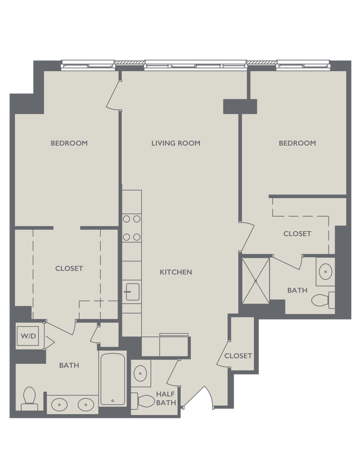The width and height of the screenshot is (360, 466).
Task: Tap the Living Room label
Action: point(176,143)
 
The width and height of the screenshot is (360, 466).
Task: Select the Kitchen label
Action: point(176,272)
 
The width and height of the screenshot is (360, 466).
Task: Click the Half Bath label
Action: point(166,398)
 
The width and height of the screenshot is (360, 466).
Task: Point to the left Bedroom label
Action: point(69,143)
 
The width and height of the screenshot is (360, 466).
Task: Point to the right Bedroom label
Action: point(297,143)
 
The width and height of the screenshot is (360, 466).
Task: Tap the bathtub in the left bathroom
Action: point(113,379)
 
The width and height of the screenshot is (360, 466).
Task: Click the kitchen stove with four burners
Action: point(131,227)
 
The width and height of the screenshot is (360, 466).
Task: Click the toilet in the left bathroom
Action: point(29,398)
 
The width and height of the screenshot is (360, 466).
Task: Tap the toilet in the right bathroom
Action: point(322,300)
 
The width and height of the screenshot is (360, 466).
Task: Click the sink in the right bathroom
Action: point(326,271)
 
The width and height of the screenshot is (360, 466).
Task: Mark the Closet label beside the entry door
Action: point(238,356)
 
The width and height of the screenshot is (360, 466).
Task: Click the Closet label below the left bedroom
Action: point(69,268)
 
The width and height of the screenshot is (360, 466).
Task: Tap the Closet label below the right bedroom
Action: point(297,234)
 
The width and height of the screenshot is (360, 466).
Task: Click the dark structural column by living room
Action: point(240,107)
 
